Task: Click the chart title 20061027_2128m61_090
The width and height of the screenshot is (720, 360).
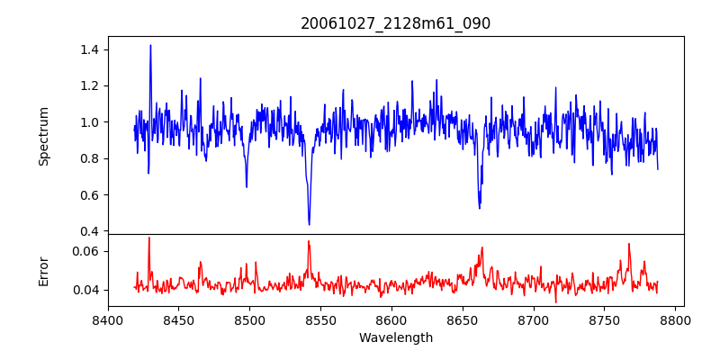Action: tap(395, 23)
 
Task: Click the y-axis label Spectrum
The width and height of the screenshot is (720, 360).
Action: tap(43, 136)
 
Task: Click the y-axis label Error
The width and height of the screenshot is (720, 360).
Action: tap(43, 271)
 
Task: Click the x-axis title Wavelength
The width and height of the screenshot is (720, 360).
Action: tap(395, 338)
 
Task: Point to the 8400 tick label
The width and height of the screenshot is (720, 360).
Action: tap(108, 319)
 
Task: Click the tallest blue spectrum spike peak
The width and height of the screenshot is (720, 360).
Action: tap(150, 45)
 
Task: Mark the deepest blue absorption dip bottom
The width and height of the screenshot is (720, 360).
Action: tap(309, 224)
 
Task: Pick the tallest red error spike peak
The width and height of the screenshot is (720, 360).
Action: tap(148, 238)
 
